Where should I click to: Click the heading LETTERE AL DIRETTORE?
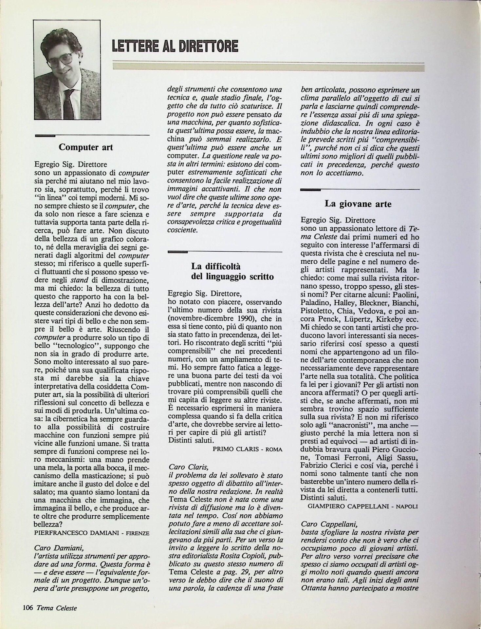click(175, 46)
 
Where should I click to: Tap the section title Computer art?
click(85, 147)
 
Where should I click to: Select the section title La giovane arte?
click(358, 204)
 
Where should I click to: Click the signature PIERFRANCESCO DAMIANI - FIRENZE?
click(92, 533)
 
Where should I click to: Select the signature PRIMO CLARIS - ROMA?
click(247, 449)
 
